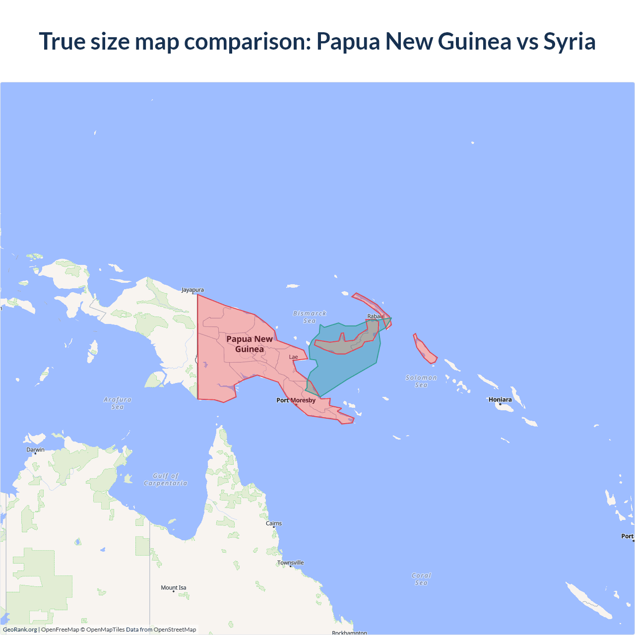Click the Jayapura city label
[192, 290]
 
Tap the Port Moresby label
[296, 400]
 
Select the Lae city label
[294, 357]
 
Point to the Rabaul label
[376, 316]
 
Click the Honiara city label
[500, 399]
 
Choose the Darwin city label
[35, 449]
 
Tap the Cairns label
[273, 523]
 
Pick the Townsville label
[290, 563]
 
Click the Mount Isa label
[173, 587]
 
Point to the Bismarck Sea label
[310, 317]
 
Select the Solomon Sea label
[421, 381]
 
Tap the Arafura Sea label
[118, 403]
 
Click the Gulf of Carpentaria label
[166, 479]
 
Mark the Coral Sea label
[421, 579]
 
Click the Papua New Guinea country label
[250, 344]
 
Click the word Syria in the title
[569, 41]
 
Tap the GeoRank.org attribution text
[20, 630]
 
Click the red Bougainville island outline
[425, 349]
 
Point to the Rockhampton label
[349, 633]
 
